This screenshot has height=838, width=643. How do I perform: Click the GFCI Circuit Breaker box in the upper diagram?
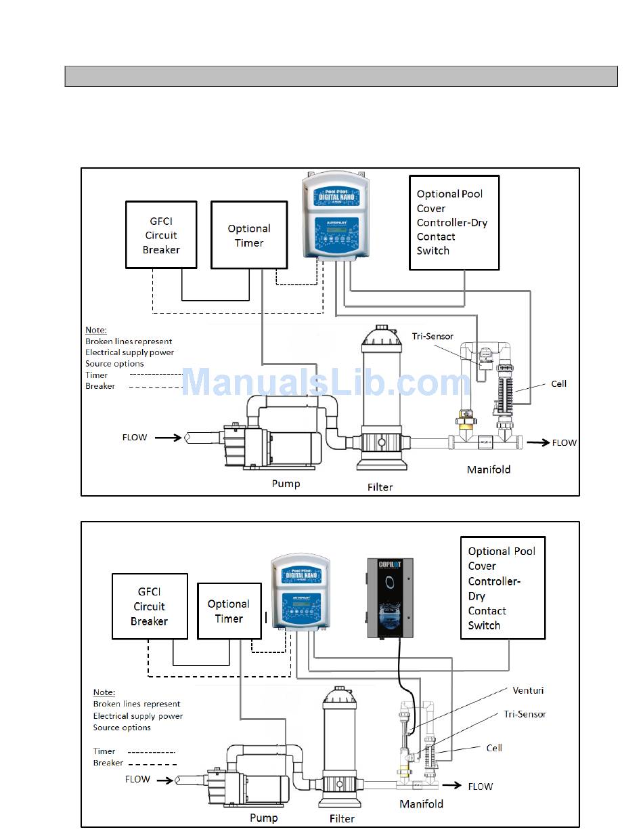tap(161, 234)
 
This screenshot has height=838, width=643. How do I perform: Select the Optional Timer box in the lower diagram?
tap(229, 611)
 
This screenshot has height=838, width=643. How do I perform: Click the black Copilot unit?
tap(390, 598)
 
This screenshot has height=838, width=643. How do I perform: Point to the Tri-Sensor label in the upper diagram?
tap(433, 336)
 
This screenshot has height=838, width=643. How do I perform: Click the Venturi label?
tap(528, 690)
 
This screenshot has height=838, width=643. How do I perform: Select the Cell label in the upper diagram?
tap(558, 383)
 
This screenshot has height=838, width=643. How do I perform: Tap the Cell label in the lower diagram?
tap(494, 748)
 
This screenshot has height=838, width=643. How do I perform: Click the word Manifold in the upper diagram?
tap(489, 469)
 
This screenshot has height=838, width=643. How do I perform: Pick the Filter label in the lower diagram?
tap(342, 818)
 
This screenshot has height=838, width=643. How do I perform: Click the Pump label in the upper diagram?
tap(286, 483)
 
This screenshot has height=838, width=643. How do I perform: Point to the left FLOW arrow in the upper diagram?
tap(168, 438)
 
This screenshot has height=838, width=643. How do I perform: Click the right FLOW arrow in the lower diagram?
tap(450, 786)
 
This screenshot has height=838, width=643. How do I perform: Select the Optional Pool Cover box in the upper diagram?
tap(454, 222)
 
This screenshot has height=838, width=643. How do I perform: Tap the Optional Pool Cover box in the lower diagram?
tap(502, 588)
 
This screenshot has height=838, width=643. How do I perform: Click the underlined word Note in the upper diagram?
tap(96, 330)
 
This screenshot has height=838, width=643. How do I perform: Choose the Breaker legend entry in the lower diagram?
tap(108, 763)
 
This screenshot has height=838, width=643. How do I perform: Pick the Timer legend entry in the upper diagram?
tap(97, 375)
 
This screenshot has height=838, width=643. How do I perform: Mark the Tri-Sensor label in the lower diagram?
tap(525, 714)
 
